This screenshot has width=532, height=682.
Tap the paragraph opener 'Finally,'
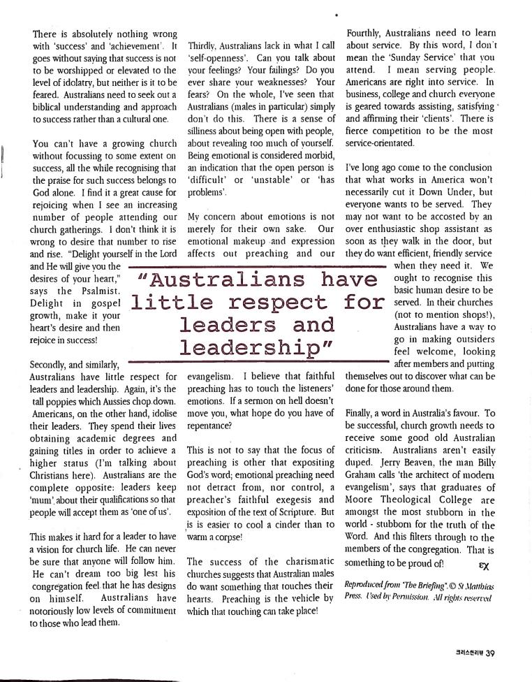point(363,414)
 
